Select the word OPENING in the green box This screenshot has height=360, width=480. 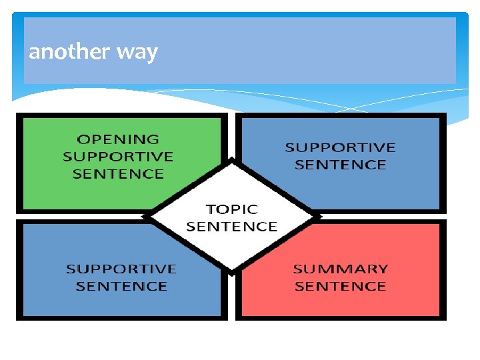tap(118, 139)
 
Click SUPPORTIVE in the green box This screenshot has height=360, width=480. tap(118, 157)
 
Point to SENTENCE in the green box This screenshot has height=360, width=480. tap(118, 174)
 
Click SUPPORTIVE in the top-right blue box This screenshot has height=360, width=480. tap(340, 147)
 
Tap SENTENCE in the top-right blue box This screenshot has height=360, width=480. tap(340, 165)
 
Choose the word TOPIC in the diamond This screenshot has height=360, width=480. tap(231, 209)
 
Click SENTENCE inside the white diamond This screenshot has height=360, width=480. tap(231, 227)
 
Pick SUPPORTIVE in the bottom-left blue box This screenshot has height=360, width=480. tap(121, 269)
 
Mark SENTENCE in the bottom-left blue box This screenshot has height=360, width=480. tap(121, 287)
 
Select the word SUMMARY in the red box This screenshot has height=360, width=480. tap(340, 269)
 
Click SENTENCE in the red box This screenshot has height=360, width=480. tap(340, 287)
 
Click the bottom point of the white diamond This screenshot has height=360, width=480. tap(231, 273)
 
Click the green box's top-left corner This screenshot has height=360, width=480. tap(18, 114)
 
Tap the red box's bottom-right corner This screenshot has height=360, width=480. tap(444, 319)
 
